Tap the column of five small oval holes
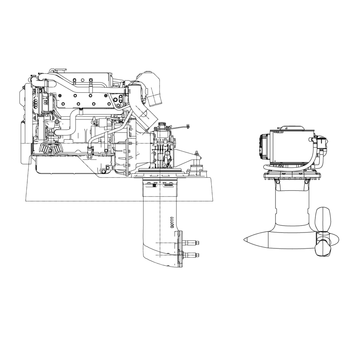172,223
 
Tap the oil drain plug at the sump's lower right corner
103,171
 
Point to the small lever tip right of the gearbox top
188,126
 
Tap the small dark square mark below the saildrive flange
154,185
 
